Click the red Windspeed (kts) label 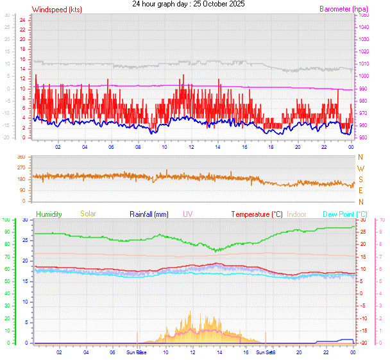pyautogui.click(x=56, y=10)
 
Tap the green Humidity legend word pyautogui.click(x=49, y=214)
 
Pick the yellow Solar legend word pyautogui.click(x=88, y=214)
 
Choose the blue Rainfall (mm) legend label pyautogui.click(x=149, y=214)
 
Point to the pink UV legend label pyautogui.click(x=187, y=214)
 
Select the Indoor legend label pyautogui.click(x=297, y=214)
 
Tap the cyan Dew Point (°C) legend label pyautogui.click(x=345, y=214)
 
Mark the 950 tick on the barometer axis pyautogui.click(x=363, y=138)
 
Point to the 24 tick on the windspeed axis pyautogui.click(x=22, y=20)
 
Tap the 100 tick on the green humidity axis pyautogui.click(x=6, y=220)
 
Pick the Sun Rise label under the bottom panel pyautogui.click(x=136, y=352)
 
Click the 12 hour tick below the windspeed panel pyautogui.click(x=192, y=147)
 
